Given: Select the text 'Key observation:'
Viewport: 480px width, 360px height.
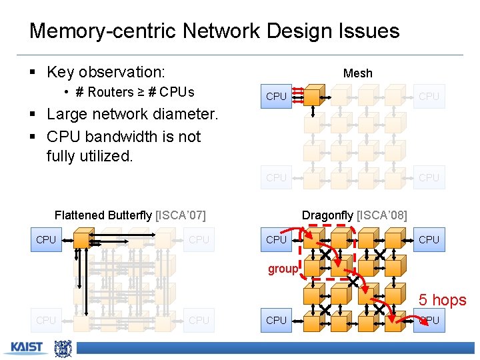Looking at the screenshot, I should (x=106, y=72).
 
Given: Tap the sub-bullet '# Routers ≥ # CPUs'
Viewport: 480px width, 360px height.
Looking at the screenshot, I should (x=134, y=92).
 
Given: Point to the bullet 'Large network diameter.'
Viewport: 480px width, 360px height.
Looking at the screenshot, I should (x=132, y=114).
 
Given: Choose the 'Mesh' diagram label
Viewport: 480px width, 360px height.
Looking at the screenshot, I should (x=357, y=73).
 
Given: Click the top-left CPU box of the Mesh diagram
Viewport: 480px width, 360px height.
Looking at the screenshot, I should (x=276, y=97).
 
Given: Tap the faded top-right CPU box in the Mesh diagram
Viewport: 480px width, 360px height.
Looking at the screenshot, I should (x=429, y=97).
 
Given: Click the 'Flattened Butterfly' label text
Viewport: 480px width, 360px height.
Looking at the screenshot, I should (x=103, y=215).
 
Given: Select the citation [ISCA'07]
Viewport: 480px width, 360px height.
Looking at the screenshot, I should (x=180, y=215).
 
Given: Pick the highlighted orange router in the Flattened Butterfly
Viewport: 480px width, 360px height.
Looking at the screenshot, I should (x=84, y=239).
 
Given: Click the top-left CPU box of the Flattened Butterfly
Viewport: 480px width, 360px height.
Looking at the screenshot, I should (x=46, y=239).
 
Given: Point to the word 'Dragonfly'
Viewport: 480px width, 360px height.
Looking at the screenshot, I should (x=328, y=215).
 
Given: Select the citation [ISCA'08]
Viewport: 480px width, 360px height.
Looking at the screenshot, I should (x=382, y=215).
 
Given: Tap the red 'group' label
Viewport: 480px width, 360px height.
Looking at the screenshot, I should (x=283, y=269).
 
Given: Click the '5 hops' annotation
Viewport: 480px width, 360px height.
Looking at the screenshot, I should (x=442, y=300).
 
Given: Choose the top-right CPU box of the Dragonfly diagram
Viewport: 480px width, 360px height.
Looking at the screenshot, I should (x=429, y=239).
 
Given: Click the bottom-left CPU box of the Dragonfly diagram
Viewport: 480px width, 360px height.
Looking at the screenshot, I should (x=276, y=320).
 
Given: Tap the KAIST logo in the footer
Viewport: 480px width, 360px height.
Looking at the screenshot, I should (x=27, y=347).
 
